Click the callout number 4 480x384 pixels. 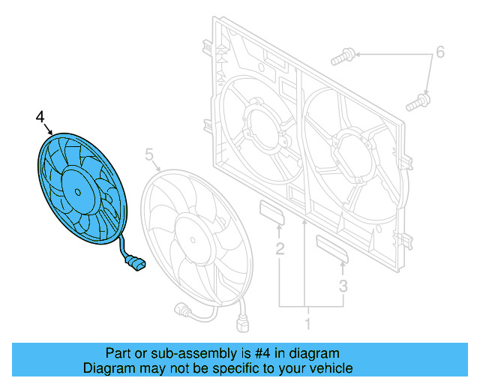click(40, 116)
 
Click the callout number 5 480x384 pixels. click(148, 155)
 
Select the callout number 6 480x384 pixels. click(440, 52)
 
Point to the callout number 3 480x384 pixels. click(343, 285)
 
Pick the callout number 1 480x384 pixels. click(306, 324)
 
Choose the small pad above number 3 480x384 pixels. click(331, 249)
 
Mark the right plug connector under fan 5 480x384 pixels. click(242, 325)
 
